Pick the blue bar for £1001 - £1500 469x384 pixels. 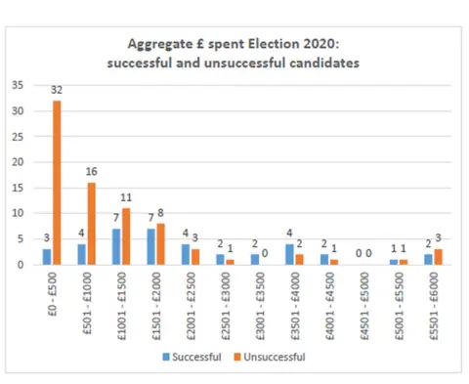tap(115, 246)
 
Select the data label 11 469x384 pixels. tap(127, 198)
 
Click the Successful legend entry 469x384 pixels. tap(197, 357)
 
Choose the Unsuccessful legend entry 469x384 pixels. tap(276, 357)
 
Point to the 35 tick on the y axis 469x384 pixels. tap(18, 85)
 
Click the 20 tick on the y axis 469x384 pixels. tap(18, 162)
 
